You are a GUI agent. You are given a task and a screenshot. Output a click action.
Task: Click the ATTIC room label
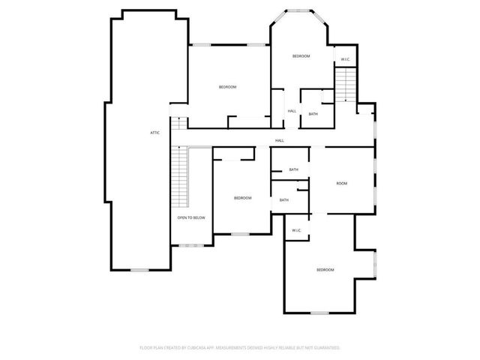coord(154,133)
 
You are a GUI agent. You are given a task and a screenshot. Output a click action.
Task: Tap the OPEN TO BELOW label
coord(191,217)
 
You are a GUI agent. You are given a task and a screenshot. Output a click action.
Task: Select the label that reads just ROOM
coord(341,184)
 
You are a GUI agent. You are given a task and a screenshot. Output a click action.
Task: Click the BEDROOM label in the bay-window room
coord(301,56)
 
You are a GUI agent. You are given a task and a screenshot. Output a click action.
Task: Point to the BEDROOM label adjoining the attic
coord(227,87)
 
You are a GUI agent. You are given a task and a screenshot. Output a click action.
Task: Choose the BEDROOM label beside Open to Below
coord(242,198)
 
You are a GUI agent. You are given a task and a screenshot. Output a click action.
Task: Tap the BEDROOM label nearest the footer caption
coord(325,270)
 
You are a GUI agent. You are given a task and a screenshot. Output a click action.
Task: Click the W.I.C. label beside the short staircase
coord(345,59)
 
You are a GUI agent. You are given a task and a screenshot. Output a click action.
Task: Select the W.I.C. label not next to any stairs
coord(296,230)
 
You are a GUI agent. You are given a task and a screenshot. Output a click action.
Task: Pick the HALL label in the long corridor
coord(279,140)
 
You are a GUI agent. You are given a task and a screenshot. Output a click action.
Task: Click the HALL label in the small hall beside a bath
coord(292,111)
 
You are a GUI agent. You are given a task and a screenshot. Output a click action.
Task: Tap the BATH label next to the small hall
coord(313,114)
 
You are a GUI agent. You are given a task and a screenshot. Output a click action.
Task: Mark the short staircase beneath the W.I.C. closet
coord(343,84)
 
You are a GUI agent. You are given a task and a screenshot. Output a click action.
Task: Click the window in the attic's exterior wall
coord(140,269)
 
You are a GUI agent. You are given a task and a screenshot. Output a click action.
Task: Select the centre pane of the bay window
coord(300,10)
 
